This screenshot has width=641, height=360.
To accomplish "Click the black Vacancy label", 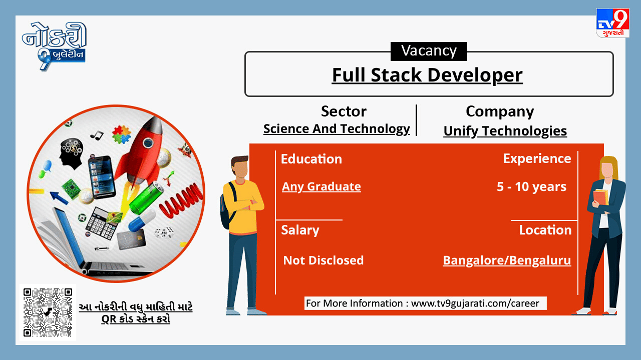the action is pyautogui.click(x=429, y=51).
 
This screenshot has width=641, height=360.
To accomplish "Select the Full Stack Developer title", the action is pyautogui.click(x=427, y=75).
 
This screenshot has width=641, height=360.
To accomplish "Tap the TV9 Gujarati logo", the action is pyautogui.click(x=612, y=23).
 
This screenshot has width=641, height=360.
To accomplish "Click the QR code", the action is pyautogui.click(x=48, y=312).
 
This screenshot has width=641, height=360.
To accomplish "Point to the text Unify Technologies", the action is pyautogui.click(x=505, y=131).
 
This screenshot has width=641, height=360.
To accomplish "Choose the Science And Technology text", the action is pyautogui.click(x=337, y=129).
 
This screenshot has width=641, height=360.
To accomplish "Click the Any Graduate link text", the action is pyautogui.click(x=322, y=186).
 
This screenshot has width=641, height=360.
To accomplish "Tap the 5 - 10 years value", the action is pyautogui.click(x=531, y=187).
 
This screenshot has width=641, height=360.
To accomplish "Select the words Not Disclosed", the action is pyautogui.click(x=324, y=260).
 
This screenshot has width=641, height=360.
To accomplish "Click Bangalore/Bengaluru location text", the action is pyautogui.click(x=507, y=260).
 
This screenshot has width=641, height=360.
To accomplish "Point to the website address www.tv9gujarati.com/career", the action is pyautogui.click(x=475, y=303).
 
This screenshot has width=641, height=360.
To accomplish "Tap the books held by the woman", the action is pyautogui.click(x=600, y=197).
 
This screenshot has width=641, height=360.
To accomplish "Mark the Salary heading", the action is pyautogui.click(x=300, y=230).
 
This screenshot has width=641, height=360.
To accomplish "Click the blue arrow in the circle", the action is pyautogui.click(x=59, y=197).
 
